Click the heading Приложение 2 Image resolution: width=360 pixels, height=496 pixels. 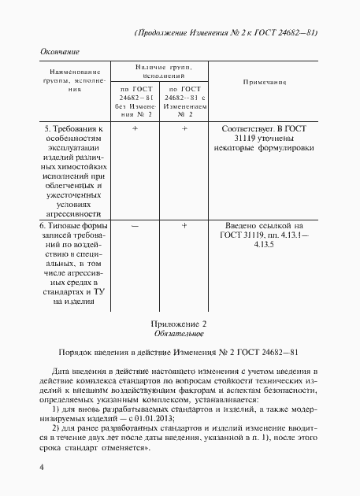178,324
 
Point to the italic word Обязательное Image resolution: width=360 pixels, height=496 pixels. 178,335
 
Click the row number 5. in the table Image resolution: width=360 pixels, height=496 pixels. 46,127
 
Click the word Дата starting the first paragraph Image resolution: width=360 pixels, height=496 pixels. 63,371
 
